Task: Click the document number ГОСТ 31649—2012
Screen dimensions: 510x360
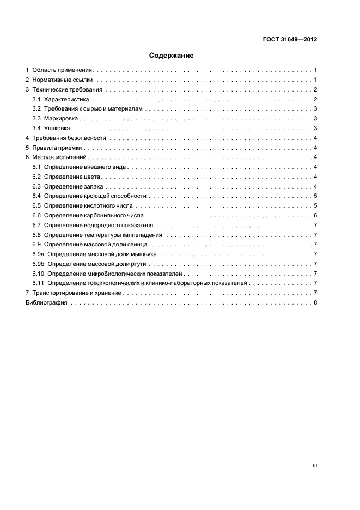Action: pyautogui.click(x=290, y=40)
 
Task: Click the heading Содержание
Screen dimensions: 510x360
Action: pyautogui.click(x=172, y=56)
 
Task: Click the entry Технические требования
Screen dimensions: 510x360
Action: pyautogui.click(x=67, y=89)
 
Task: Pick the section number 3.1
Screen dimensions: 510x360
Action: pyautogui.click(x=36, y=99)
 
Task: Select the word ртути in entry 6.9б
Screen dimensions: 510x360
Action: pyautogui.click(x=136, y=264)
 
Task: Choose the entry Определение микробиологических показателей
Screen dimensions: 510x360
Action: pyautogui.click(x=115, y=274)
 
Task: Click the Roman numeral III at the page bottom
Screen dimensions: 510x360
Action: pyautogui.click(x=315, y=466)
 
